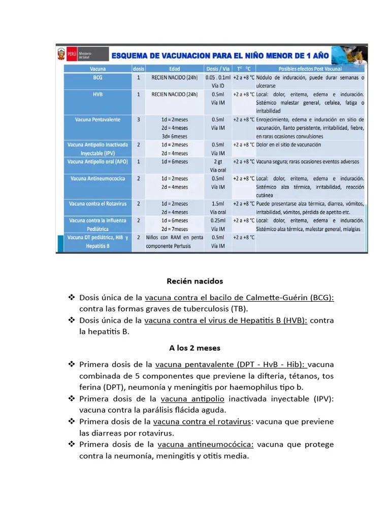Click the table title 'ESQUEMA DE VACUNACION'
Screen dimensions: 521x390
[219, 55]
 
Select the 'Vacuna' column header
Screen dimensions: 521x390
[97, 69]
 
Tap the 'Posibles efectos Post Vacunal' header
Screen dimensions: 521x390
[310, 69]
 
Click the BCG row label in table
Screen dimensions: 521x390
[97, 78]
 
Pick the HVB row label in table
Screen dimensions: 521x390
[97, 95]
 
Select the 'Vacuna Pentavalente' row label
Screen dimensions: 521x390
[97, 120]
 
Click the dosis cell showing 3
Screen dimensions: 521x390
[138, 120]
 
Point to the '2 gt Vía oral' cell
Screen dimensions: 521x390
[218, 165]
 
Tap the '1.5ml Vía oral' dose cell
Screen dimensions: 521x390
[218, 208]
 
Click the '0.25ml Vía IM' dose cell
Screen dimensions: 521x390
[218, 224]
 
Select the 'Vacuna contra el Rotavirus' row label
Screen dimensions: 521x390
[97, 204]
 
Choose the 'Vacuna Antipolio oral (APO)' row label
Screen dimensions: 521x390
[97, 161]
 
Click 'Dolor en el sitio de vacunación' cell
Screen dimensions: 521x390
[288, 144]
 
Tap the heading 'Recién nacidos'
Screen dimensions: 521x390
[194, 281]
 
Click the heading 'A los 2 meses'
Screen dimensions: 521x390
[194, 348]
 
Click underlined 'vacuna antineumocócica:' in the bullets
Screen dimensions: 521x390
[206, 444]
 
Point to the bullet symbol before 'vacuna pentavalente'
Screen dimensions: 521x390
[72, 364]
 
